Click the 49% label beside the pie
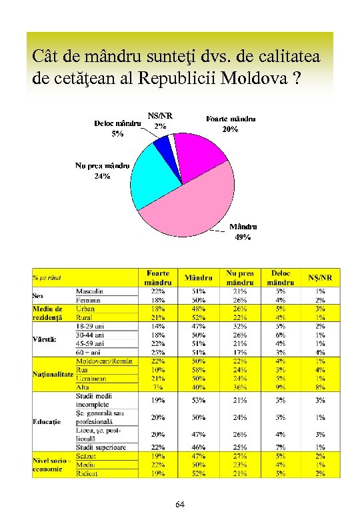click(242, 237)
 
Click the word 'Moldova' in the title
click(253, 77)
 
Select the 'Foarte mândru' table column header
click(159, 278)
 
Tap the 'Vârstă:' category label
click(45, 339)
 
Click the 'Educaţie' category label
click(47, 422)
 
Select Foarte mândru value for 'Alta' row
click(159, 387)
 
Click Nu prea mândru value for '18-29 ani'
click(240, 326)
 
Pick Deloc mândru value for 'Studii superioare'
click(281, 447)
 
